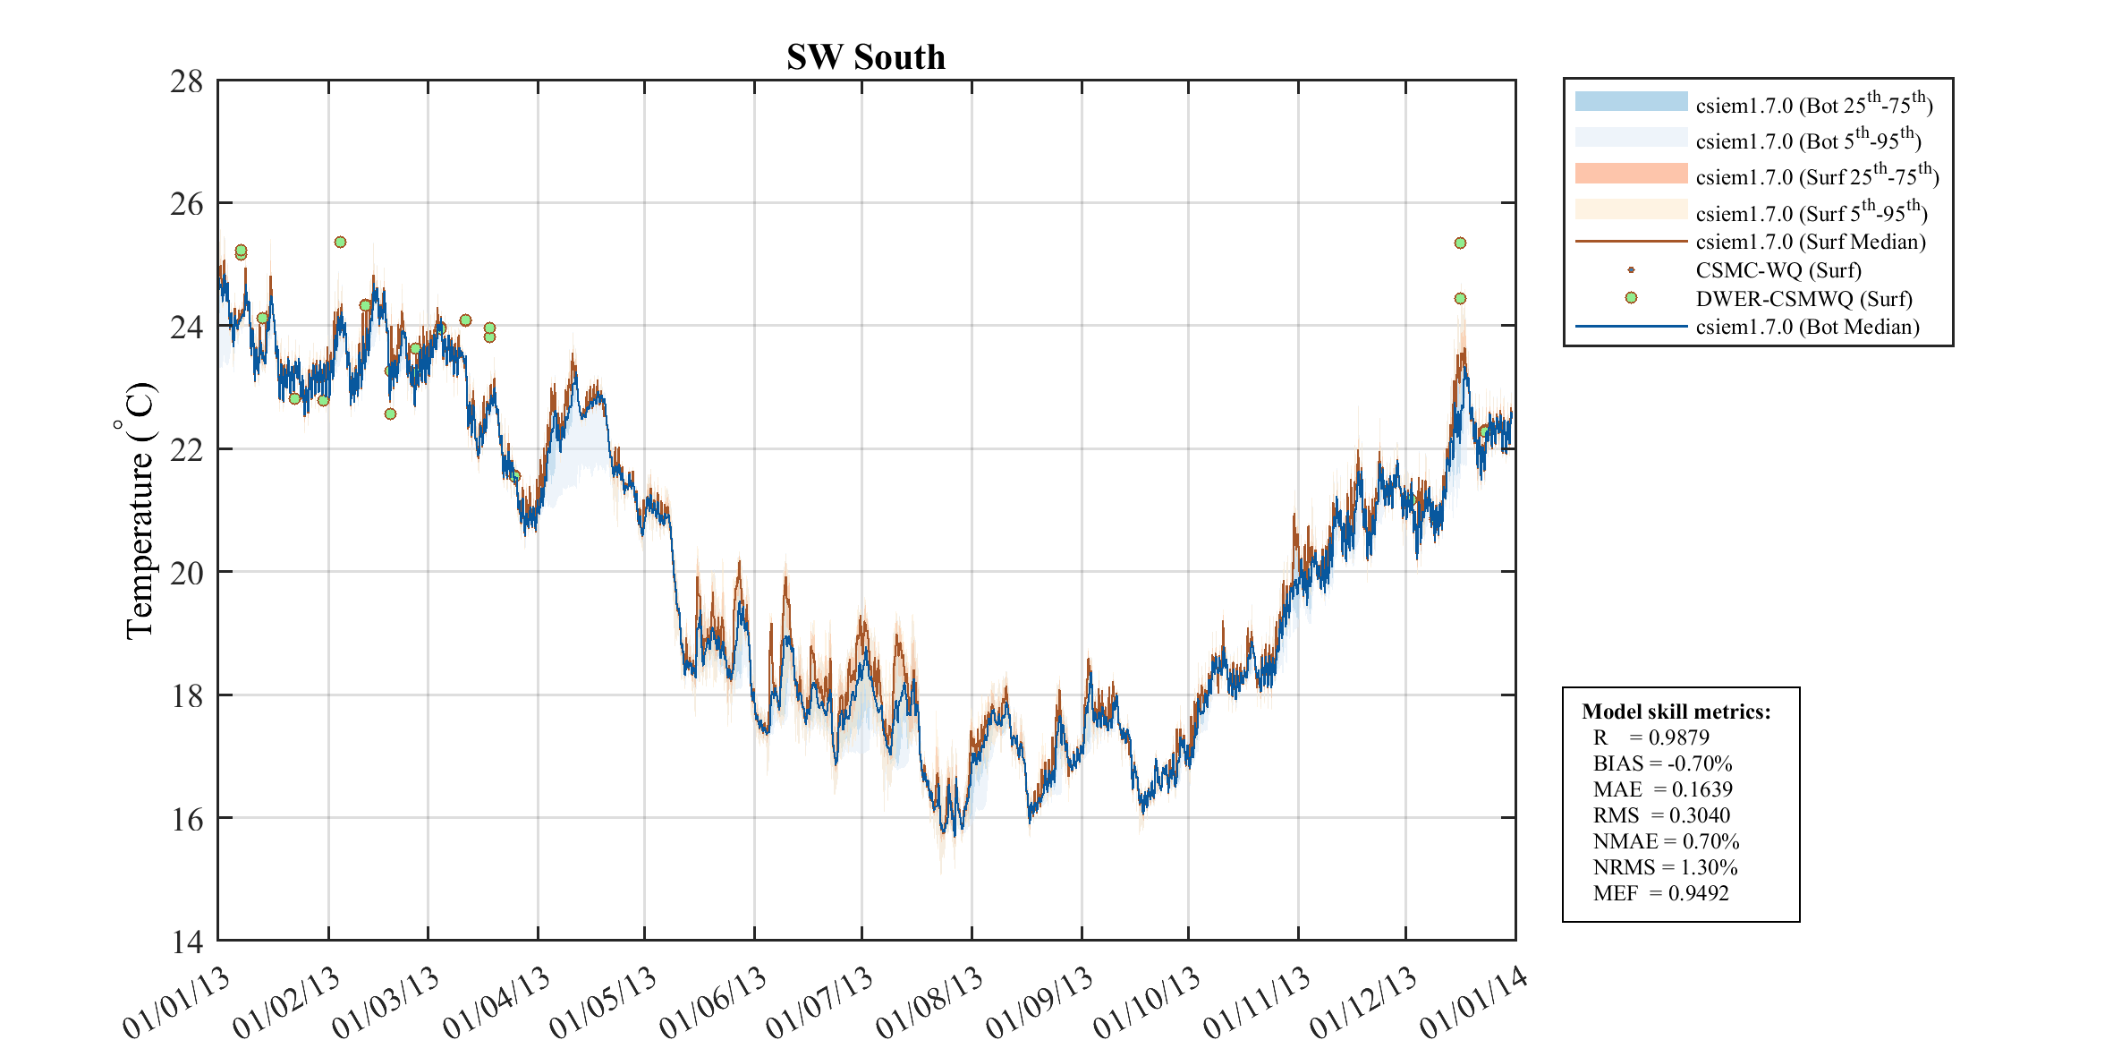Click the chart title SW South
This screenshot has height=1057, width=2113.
pyautogui.click(x=865, y=57)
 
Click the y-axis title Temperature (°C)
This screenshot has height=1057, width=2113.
pyautogui.click(x=140, y=510)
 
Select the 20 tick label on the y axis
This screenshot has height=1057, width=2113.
pyautogui.click(x=187, y=573)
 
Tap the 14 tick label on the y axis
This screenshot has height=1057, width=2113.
pyautogui.click(x=187, y=942)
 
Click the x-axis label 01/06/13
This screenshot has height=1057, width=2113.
pyautogui.click(x=714, y=1003)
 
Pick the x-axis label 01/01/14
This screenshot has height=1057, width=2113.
pyautogui.click(x=1473, y=1003)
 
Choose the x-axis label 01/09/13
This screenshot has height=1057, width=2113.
pyautogui.click(x=1040, y=1003)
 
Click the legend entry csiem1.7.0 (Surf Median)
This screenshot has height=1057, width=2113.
pyautogui.click(x=1810, y=242)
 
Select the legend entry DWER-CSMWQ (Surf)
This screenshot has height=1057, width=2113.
pyautogui.click(x=1803, y=298)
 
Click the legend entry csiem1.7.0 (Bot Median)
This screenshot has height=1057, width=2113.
pyautogui.click(x=1807, y=327)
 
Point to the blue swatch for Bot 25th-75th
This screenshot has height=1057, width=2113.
pyautogui.click(x=1631, y=101)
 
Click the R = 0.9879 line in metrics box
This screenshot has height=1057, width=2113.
pyautogui.click(x=1651, y=737)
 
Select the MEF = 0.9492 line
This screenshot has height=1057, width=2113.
pyautogui.click(x=1660, y=893)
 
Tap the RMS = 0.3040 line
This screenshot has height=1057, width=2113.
pyautogui.click(x=1661, y=815)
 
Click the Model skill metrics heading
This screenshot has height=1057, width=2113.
pyautogui.click(x=1676, y=712)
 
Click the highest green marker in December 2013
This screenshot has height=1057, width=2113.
pyautogui.click(x=1460, y=243)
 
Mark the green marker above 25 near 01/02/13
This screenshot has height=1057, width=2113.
pyautogui.click(x=340, y=242)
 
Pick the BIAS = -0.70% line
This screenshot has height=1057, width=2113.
pyautogui.click(x=1662, y=763)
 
